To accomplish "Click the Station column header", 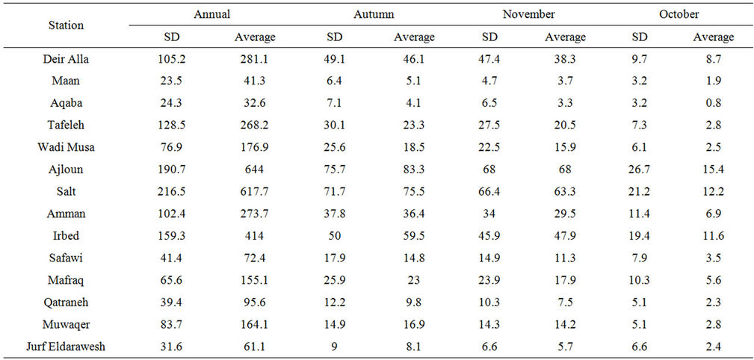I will tap(67, 25).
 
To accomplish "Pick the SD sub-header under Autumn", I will tap(333, 37).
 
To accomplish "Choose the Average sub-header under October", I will tap(713, 37).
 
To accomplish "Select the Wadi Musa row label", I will tap(67, 147).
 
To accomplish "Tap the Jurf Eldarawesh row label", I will tap(67, 346).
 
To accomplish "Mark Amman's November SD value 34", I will tap(489, 214).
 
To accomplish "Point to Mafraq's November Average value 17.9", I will tap(565, 280).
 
